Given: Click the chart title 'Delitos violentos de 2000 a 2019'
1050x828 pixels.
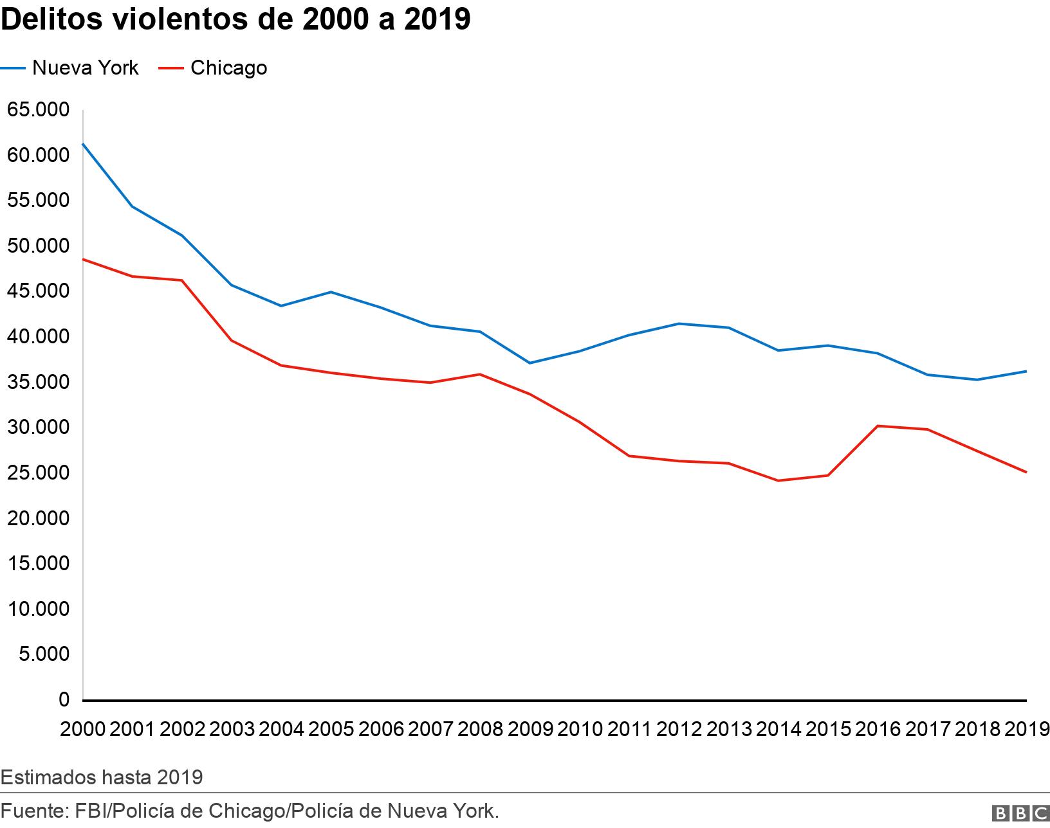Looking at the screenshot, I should (235, 20).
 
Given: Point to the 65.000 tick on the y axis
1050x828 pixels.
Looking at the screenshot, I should (38, 110).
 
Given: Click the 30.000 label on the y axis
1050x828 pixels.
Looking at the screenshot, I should (38, 428).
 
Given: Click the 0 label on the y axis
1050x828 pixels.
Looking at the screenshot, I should (64, 699).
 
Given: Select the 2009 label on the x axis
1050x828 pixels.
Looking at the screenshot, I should (530, 729).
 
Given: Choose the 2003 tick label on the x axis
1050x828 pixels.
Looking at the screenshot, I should (232, 729).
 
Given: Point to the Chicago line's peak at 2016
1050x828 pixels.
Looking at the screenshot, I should (878, 426).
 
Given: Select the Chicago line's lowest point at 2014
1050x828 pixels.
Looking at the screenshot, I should (778, 481).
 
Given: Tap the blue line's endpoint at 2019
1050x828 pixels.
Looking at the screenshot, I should (1026, 371).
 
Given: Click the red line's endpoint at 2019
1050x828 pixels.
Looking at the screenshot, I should (1026, 472).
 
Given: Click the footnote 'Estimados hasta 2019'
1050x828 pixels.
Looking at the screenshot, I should (102, 777).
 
